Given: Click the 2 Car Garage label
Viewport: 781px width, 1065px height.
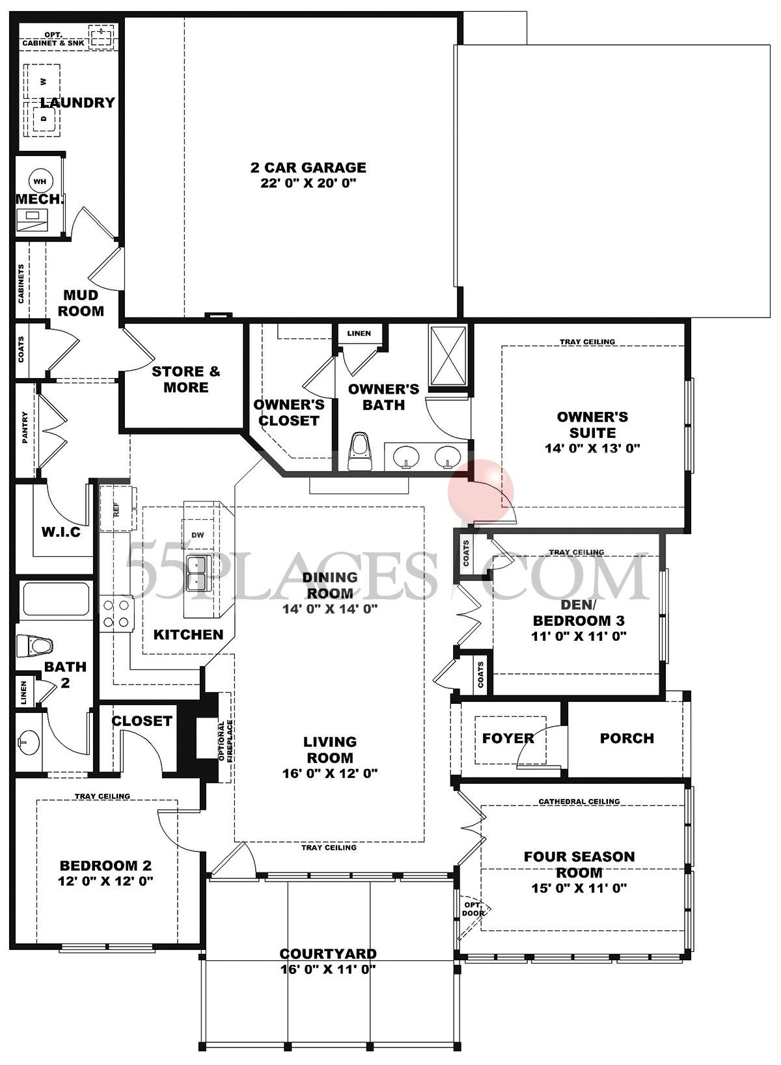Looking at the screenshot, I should [x=308, y=168].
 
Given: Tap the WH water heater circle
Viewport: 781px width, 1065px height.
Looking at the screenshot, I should [x=40, y=182].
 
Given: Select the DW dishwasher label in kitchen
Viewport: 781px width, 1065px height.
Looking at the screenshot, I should [x=198, y=535].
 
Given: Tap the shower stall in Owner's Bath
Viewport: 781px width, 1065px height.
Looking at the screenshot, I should [x=448, y=357].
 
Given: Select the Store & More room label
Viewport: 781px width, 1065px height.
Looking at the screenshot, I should [x=185, y=379].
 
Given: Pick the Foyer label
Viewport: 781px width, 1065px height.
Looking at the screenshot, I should [x=508, y=738].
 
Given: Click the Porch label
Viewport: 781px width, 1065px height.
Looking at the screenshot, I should [x=627, y=738].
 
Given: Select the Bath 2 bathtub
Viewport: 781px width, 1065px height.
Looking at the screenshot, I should [x=55, y=600].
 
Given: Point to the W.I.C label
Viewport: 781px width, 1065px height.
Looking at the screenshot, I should [x=61, y=532].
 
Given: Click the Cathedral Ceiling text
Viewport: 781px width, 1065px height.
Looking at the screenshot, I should [x=579, y=802].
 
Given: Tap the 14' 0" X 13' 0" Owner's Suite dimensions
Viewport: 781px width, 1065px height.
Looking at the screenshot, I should [x=592, y=448].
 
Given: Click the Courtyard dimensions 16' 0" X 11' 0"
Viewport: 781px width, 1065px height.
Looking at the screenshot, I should [x=327, y=969].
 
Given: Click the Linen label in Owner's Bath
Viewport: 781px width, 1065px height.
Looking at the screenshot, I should [x=359, y=333].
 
